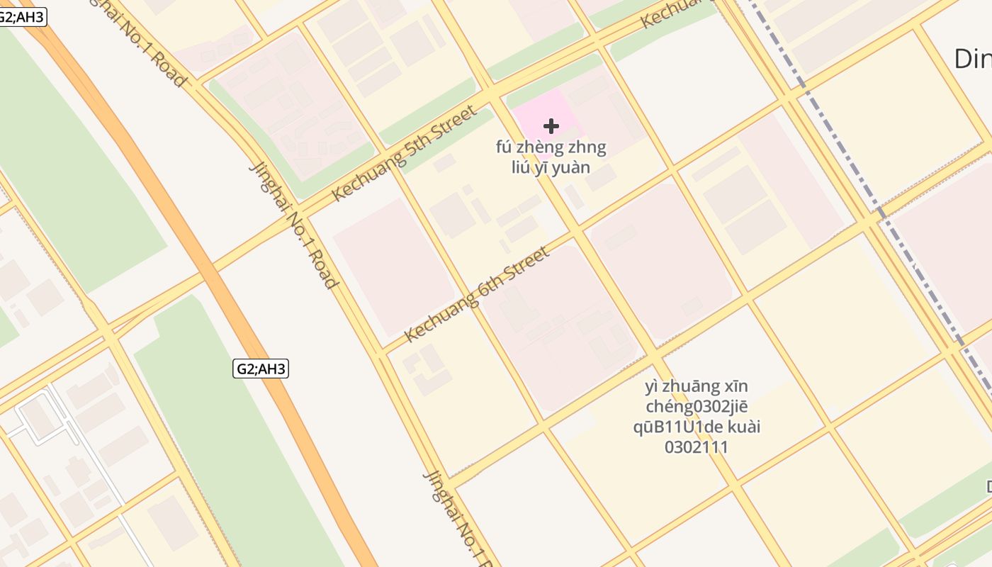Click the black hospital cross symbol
551,126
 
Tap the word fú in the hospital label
506,148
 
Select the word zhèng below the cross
541,148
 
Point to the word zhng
587,148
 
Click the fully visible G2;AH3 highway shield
261,369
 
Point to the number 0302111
697,447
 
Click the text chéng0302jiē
697,407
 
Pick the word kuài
741,427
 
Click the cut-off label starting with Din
972,59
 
